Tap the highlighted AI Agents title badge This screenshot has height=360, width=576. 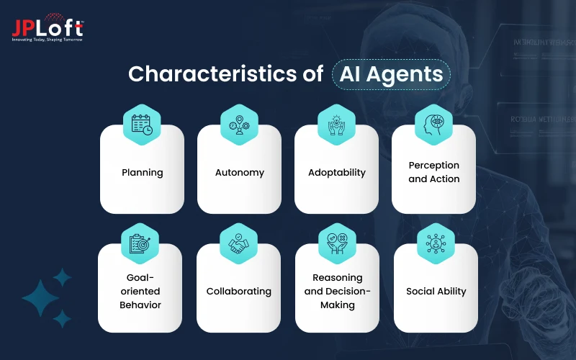(x=392, y=74)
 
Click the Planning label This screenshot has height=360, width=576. (x=142, y=173)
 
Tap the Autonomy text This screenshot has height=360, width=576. (x=239, y=173)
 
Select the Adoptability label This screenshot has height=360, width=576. (x=336, y=173)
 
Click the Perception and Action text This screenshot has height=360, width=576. (x=433, y=172)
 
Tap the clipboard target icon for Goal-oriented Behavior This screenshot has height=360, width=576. (x=140, y=244)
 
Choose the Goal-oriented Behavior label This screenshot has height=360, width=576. (x=140, y=291)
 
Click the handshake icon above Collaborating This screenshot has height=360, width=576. (x=238, y=244)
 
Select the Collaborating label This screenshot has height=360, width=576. (x=238, y=292)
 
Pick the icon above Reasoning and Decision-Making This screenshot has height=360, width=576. (x=337, y=244)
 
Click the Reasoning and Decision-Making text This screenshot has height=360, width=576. (x=337, y=291)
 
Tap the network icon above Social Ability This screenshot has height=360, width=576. (x=436, y=244)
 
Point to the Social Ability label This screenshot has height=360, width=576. (x=436, y=292)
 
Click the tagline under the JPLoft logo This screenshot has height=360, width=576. (x=47, y=40)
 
